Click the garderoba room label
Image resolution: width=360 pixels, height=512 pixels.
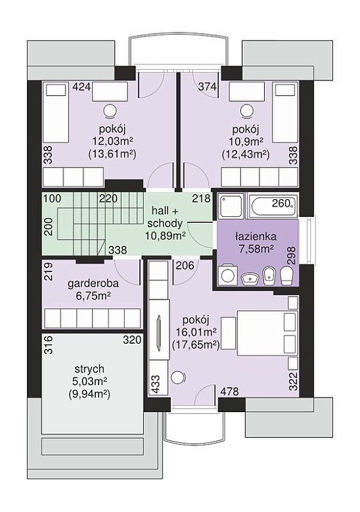tap(93, 283)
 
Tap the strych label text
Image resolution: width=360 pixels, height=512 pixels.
tap(89, 369)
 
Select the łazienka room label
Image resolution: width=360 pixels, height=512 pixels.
tap(256, 236)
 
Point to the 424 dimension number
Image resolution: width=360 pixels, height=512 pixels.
tap(81, 87)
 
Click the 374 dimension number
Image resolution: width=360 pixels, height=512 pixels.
tap(208, 87)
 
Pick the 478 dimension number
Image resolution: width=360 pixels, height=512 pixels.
tap(229, 391)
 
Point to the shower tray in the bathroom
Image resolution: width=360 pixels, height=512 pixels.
tap(231, 206)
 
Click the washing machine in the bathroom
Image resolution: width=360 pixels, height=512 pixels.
tap(227, 275)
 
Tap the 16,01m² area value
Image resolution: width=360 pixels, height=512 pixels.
tap(196, 333)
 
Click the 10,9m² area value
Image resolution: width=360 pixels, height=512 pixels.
tap(246, 141)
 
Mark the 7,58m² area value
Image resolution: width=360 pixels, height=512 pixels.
tap(256, 249)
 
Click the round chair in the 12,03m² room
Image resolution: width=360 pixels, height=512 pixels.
tap(110, 110)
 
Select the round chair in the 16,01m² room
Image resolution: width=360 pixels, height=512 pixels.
tap(179, 378)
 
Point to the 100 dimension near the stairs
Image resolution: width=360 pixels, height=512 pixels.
tap(53, 199)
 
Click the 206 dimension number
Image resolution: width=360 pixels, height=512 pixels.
tap(185, 265)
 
